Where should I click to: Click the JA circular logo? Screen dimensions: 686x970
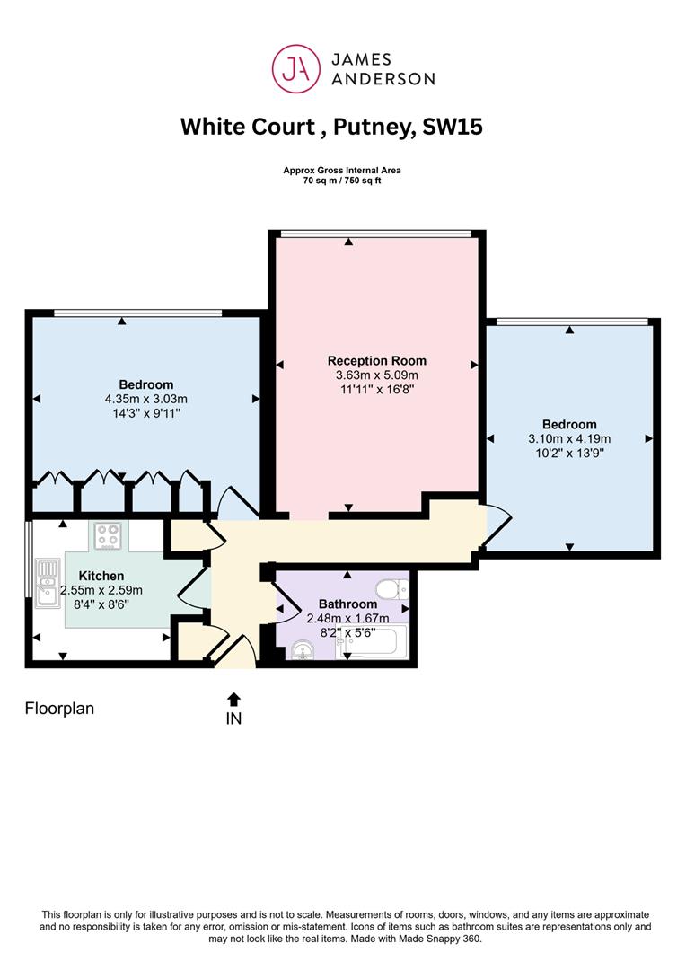(x=296, y=68)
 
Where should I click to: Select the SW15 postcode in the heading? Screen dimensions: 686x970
(x=453, y=127)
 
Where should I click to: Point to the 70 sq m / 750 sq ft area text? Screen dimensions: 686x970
(x=342, y=181)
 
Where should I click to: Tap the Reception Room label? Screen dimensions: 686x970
(x=377, y=361)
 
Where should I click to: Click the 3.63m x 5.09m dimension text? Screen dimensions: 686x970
(x=377, y=375)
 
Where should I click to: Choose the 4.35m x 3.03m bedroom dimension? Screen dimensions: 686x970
(x=146, y=399)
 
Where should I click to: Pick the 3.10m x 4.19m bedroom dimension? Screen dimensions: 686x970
(x=569, y=438)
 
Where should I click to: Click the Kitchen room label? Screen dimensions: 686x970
(x=101, y=576)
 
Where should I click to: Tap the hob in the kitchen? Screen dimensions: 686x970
(x=108, y=536)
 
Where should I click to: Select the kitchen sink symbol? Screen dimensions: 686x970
(x=47, y=584)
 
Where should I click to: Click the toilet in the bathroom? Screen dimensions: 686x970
(x=392, y=589)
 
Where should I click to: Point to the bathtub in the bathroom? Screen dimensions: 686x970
(x=371, y=643)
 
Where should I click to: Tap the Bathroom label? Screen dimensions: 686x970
(x=347, y=604)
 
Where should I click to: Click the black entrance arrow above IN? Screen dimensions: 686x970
(x=233, y=700)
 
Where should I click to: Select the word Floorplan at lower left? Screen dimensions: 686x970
(x=59, y=709)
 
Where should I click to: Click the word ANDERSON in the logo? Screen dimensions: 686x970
(x=383, y=78)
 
